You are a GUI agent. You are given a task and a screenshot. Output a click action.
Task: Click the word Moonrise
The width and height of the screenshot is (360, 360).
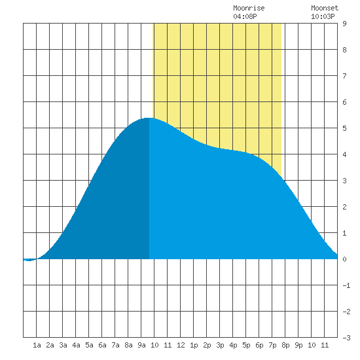coord(249,8)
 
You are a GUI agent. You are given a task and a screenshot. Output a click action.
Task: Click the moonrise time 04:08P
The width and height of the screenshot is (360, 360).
coord(245,16)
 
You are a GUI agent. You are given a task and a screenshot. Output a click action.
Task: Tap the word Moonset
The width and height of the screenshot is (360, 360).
coord(325,8)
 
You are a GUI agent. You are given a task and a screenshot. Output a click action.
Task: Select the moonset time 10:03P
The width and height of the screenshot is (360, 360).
coord(323,16)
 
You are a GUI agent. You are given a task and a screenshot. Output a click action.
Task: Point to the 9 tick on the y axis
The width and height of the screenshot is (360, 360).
coord(344,24)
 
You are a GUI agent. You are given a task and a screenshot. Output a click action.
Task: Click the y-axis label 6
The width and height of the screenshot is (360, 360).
coord(344,102)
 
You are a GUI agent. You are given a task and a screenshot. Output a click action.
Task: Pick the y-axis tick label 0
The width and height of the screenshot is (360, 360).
coord(344,259)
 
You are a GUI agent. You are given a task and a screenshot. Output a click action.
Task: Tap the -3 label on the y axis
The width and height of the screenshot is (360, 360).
coord(346,338)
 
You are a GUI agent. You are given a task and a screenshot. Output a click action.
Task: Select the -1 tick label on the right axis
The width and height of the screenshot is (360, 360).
coord(346,285)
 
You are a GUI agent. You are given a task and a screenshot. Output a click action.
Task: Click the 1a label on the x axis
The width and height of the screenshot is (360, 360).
coord(37,345)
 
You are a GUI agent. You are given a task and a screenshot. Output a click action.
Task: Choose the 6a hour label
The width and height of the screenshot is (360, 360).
coord(102,345)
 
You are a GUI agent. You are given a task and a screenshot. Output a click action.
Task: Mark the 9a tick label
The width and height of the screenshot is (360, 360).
coord(141,345)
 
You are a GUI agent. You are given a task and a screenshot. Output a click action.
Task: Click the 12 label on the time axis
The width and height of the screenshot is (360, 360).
coord(181,345)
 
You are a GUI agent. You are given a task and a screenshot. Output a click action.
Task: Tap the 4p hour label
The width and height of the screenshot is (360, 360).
coord(233,345)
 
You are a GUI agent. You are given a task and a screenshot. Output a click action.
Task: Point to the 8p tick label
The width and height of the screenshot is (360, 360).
coord(285,345)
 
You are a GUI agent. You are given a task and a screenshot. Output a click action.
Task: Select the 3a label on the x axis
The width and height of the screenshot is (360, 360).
coord(63,345)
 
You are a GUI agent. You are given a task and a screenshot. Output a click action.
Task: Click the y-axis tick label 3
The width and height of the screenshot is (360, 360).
coord(344,181)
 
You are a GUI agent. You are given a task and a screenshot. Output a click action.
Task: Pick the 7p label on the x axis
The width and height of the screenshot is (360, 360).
coord(272,345)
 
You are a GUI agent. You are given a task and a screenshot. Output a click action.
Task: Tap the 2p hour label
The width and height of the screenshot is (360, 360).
coord(207,345)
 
